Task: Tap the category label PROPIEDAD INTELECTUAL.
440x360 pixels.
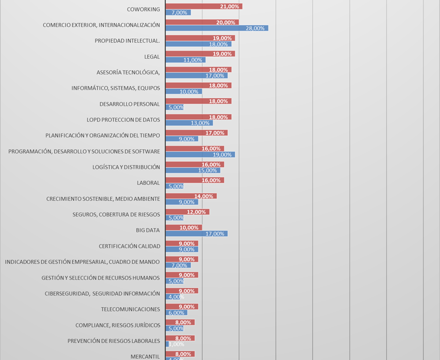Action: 127,41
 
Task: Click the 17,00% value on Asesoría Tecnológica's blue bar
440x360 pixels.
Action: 215,76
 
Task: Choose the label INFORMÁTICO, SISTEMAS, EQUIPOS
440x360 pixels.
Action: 115,88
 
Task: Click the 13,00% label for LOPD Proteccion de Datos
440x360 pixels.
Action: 200,123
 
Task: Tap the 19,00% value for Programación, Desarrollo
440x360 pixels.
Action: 222,155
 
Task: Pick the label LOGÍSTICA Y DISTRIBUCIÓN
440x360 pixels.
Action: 126,167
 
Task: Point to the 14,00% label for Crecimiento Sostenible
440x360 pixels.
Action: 204,196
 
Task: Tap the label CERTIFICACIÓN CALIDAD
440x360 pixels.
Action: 129,246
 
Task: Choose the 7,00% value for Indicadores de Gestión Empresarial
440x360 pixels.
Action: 179,265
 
